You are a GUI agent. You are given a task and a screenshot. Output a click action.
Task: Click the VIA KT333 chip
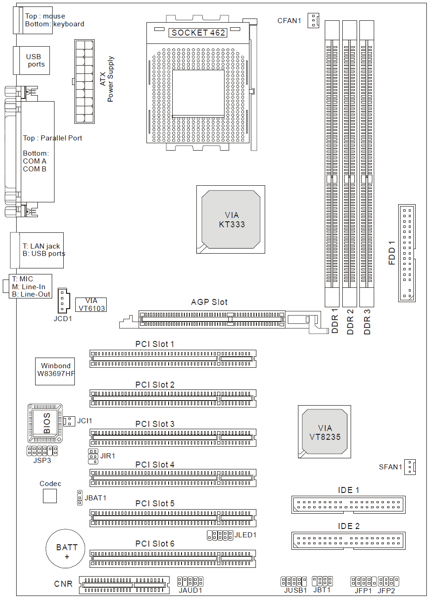[x=231, y=219]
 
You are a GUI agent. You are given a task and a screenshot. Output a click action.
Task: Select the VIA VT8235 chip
[x=324, y=432]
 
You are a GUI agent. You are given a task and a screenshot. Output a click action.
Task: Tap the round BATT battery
[x=66, y=548]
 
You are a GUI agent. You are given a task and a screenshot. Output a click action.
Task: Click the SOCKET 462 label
[x=198, y=33]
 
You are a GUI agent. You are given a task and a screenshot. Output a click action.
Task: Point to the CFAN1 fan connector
[x=313, y=20]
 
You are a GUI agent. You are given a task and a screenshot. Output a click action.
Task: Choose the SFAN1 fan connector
[x=410, y=467]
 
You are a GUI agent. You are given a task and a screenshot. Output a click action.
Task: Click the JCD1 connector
[x=63, y=301]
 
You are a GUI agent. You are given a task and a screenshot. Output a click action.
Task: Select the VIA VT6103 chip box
[x=91, y=305]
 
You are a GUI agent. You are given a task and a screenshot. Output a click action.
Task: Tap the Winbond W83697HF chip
[x=55, y=371]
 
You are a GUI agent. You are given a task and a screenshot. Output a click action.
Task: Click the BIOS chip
[x=45, y=423]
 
